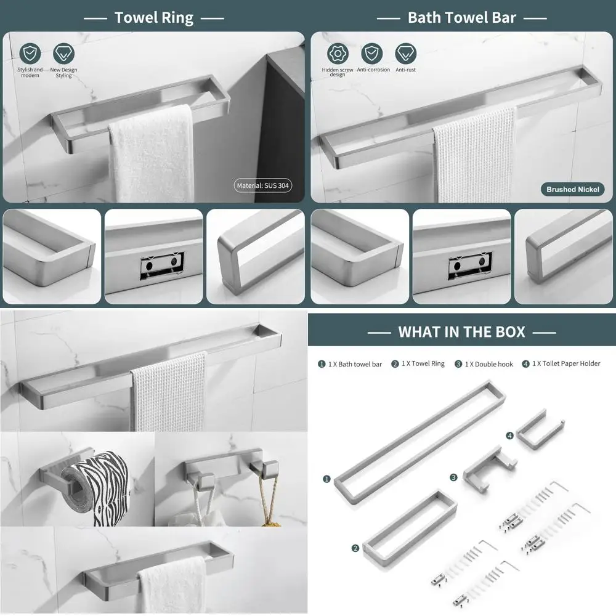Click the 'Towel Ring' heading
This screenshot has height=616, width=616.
pyautogui.click(x=153, y=17)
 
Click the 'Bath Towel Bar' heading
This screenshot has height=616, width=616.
pyautogui.click(x=461, y=17)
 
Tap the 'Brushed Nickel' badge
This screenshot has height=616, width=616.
pyautogui.click(x=572, y=189)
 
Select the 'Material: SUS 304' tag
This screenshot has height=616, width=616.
pyautogui.click(x=262, y=185)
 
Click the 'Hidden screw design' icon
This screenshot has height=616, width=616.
pyautogui.click(x=338, y=54)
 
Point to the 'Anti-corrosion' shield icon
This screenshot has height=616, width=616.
pyautogui.click(x=372, y=54)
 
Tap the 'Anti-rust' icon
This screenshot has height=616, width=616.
pyautogui.click(x=405, y=53)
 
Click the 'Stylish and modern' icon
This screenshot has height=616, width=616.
pyautogui.click(x=30, y=54)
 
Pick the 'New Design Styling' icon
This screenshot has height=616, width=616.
pyautogui.click(x=64, y=54)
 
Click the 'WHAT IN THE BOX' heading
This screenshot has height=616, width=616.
pyautogui.click(x=461, y=332)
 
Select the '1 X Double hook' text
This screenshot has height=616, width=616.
pyautogui.click(x=488, y=364)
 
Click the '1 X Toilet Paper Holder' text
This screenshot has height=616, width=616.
pyautogui.click(x=566, y=363)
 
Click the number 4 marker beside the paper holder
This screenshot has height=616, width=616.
pyautogui.click(x=509, y=436)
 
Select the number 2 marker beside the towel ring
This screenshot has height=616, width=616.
pyautogui.click(x=355, y=548)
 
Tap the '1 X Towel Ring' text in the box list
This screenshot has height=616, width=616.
pyautogui.click(x=423, y=364)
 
